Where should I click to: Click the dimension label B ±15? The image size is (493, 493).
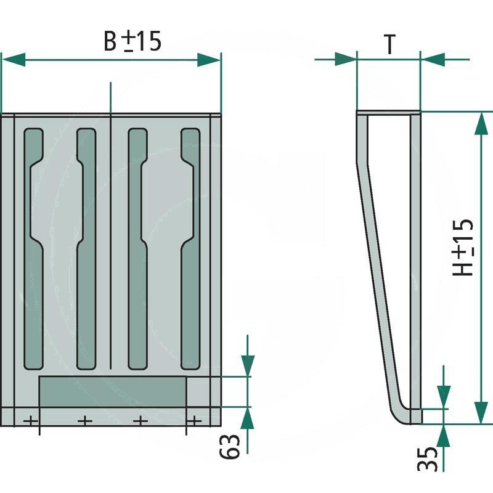tap(132, 41)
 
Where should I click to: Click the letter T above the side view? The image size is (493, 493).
tap(389, 44)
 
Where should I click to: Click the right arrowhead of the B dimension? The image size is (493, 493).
tap(209, 60)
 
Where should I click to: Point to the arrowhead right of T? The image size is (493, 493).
tap(431, 60)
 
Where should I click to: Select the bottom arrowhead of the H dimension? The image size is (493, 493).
tap(481, 412)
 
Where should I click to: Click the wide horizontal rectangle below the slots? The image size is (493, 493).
tap(112, 391)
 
